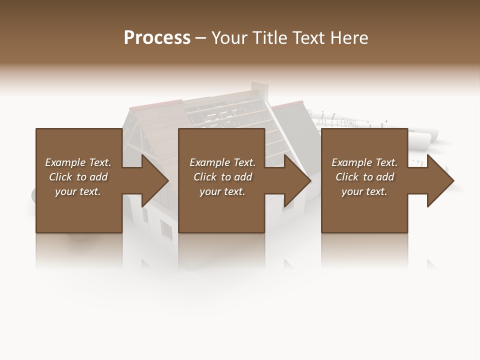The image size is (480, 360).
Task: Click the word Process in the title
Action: [x=157, y=38]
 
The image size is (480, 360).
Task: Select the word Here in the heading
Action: [x=349, y=38]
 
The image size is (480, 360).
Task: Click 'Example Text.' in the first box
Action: [x=78, y=162]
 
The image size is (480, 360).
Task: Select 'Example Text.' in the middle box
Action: [x=222, y=162]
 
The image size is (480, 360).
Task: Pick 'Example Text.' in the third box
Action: [x=364, y=162]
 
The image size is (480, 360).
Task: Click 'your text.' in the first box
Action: [x=78, y=191]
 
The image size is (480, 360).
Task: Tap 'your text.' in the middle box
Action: [x=222, y=191]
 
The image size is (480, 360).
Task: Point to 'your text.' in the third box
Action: [x=364, y=191]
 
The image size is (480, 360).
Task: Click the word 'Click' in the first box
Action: [x=61, y=177]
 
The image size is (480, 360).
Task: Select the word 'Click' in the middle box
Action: [x=205, y=177]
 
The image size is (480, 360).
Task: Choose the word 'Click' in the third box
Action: [x=347, y=177]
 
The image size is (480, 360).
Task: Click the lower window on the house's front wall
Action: [x=166, y=229]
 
